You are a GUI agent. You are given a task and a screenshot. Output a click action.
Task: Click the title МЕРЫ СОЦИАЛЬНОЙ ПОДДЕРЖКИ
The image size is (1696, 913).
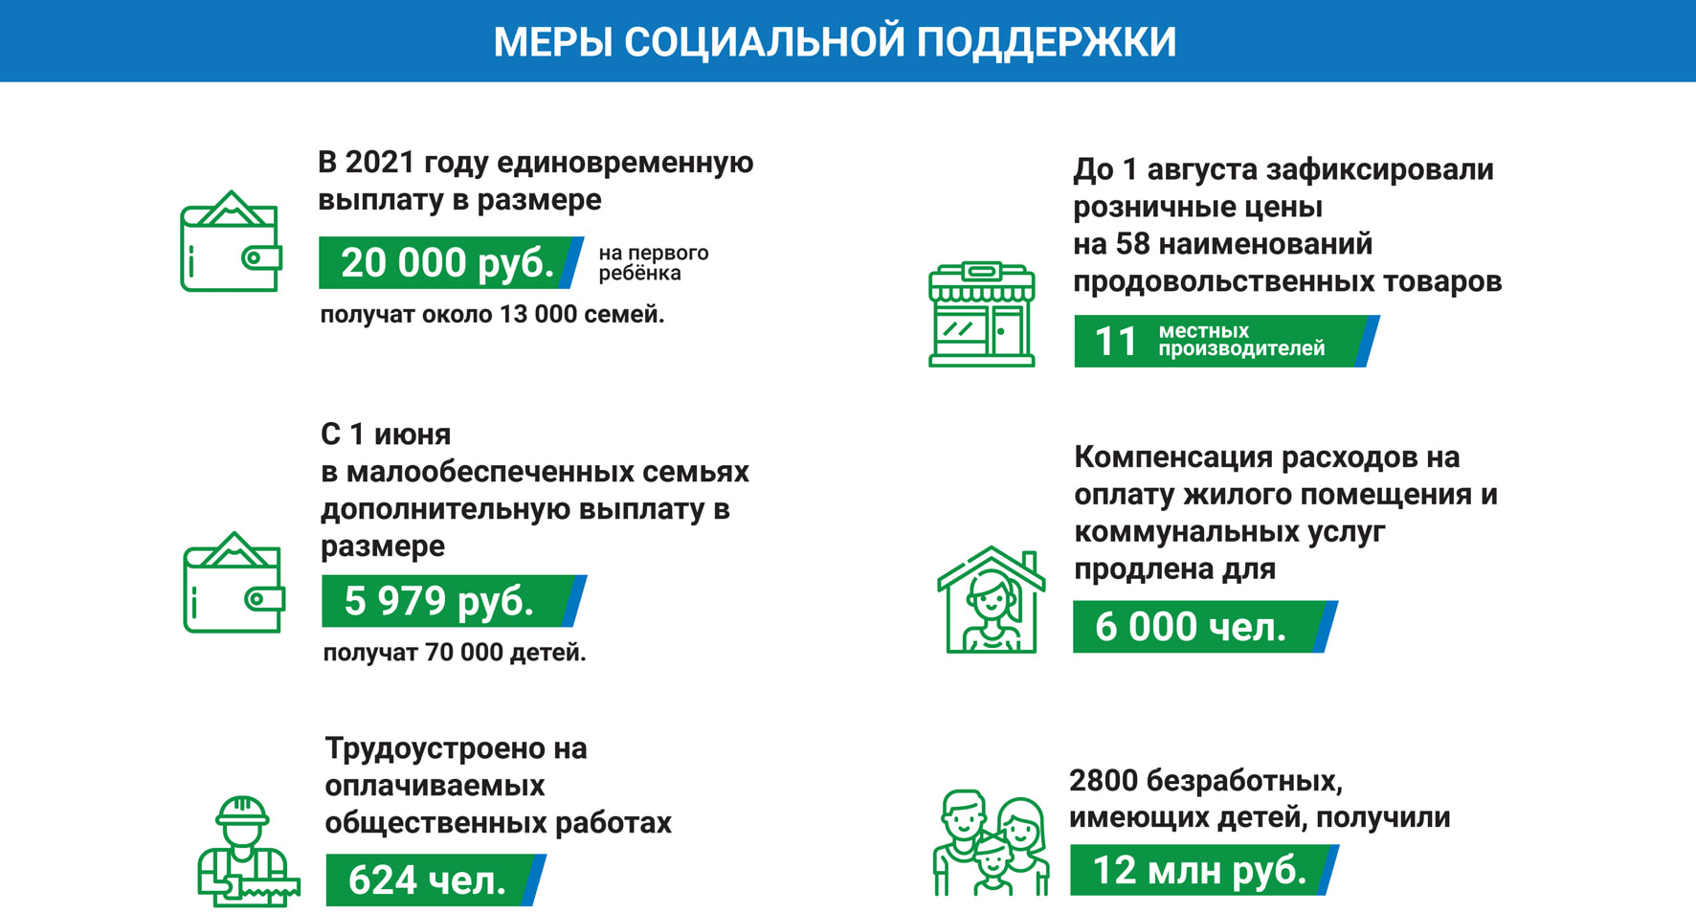[835, 42]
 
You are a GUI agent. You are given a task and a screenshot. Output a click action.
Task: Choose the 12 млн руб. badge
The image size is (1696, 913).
[1204, 870]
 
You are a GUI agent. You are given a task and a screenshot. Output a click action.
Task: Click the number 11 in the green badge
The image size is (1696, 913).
[1115, 342]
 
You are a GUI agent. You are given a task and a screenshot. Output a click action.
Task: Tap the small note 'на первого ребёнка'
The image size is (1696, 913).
[654, 263]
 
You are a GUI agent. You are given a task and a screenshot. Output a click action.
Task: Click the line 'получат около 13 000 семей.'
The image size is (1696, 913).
[492, 315]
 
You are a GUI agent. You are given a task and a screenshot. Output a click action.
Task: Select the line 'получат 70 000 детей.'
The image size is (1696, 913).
[454, 653]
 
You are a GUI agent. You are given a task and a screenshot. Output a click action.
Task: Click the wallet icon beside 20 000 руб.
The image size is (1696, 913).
[231, 241]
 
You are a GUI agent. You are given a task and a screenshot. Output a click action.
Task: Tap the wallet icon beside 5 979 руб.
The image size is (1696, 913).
[234, 582]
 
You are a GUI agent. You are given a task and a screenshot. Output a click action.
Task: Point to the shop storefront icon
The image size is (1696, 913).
[982, 314]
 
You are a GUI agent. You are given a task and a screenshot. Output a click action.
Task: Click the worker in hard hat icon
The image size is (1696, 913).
[248, 851]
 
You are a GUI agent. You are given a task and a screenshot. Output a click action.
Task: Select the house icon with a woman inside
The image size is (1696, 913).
[991, 600]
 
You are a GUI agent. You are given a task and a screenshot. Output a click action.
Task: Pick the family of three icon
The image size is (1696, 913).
[991, 842]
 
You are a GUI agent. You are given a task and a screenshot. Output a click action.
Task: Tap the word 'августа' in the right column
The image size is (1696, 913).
[1201, 170]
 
